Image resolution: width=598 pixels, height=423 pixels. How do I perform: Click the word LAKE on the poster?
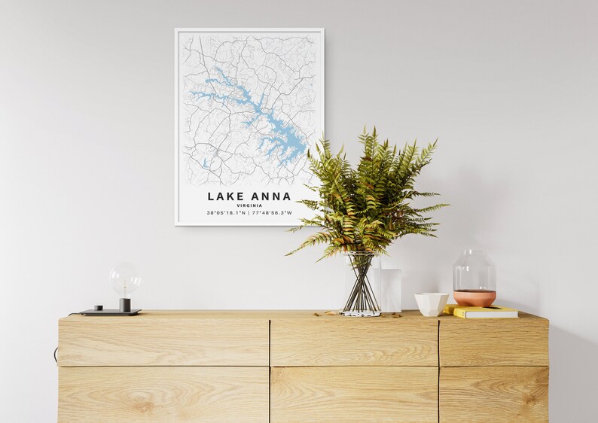[x=224, y=196]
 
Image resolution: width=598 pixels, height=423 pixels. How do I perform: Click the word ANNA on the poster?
[x=270, y=196]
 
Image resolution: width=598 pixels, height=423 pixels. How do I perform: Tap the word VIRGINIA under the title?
[x=249, y=205]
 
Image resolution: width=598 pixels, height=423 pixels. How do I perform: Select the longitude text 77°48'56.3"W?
[x=272, y=213]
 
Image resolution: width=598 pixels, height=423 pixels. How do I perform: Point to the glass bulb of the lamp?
[x=124, y=278]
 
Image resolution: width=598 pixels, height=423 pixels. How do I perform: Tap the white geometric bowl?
[x=432, y=303]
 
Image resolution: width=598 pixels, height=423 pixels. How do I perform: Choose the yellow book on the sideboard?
[x=483, y=311]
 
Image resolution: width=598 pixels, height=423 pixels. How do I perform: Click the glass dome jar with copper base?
[x=474, y=275]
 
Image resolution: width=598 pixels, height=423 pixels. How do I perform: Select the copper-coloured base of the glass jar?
[x=474, y=298]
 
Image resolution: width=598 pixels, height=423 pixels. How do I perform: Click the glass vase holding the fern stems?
[x=362, y=285]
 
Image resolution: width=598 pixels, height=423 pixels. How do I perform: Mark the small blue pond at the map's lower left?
[x=205, y=163]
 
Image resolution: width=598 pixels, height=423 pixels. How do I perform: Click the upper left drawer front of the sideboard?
[x=163, y=340]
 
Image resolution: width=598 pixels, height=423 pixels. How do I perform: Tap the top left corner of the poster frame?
[x=176, y=30]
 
